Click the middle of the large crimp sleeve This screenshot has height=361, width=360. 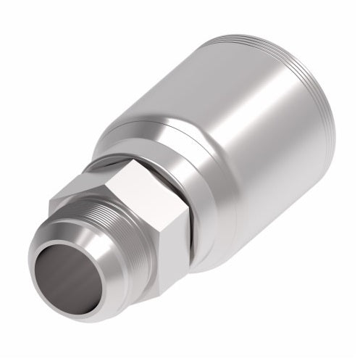(x=239, y=145)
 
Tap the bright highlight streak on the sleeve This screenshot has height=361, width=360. (x=210, y=94)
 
